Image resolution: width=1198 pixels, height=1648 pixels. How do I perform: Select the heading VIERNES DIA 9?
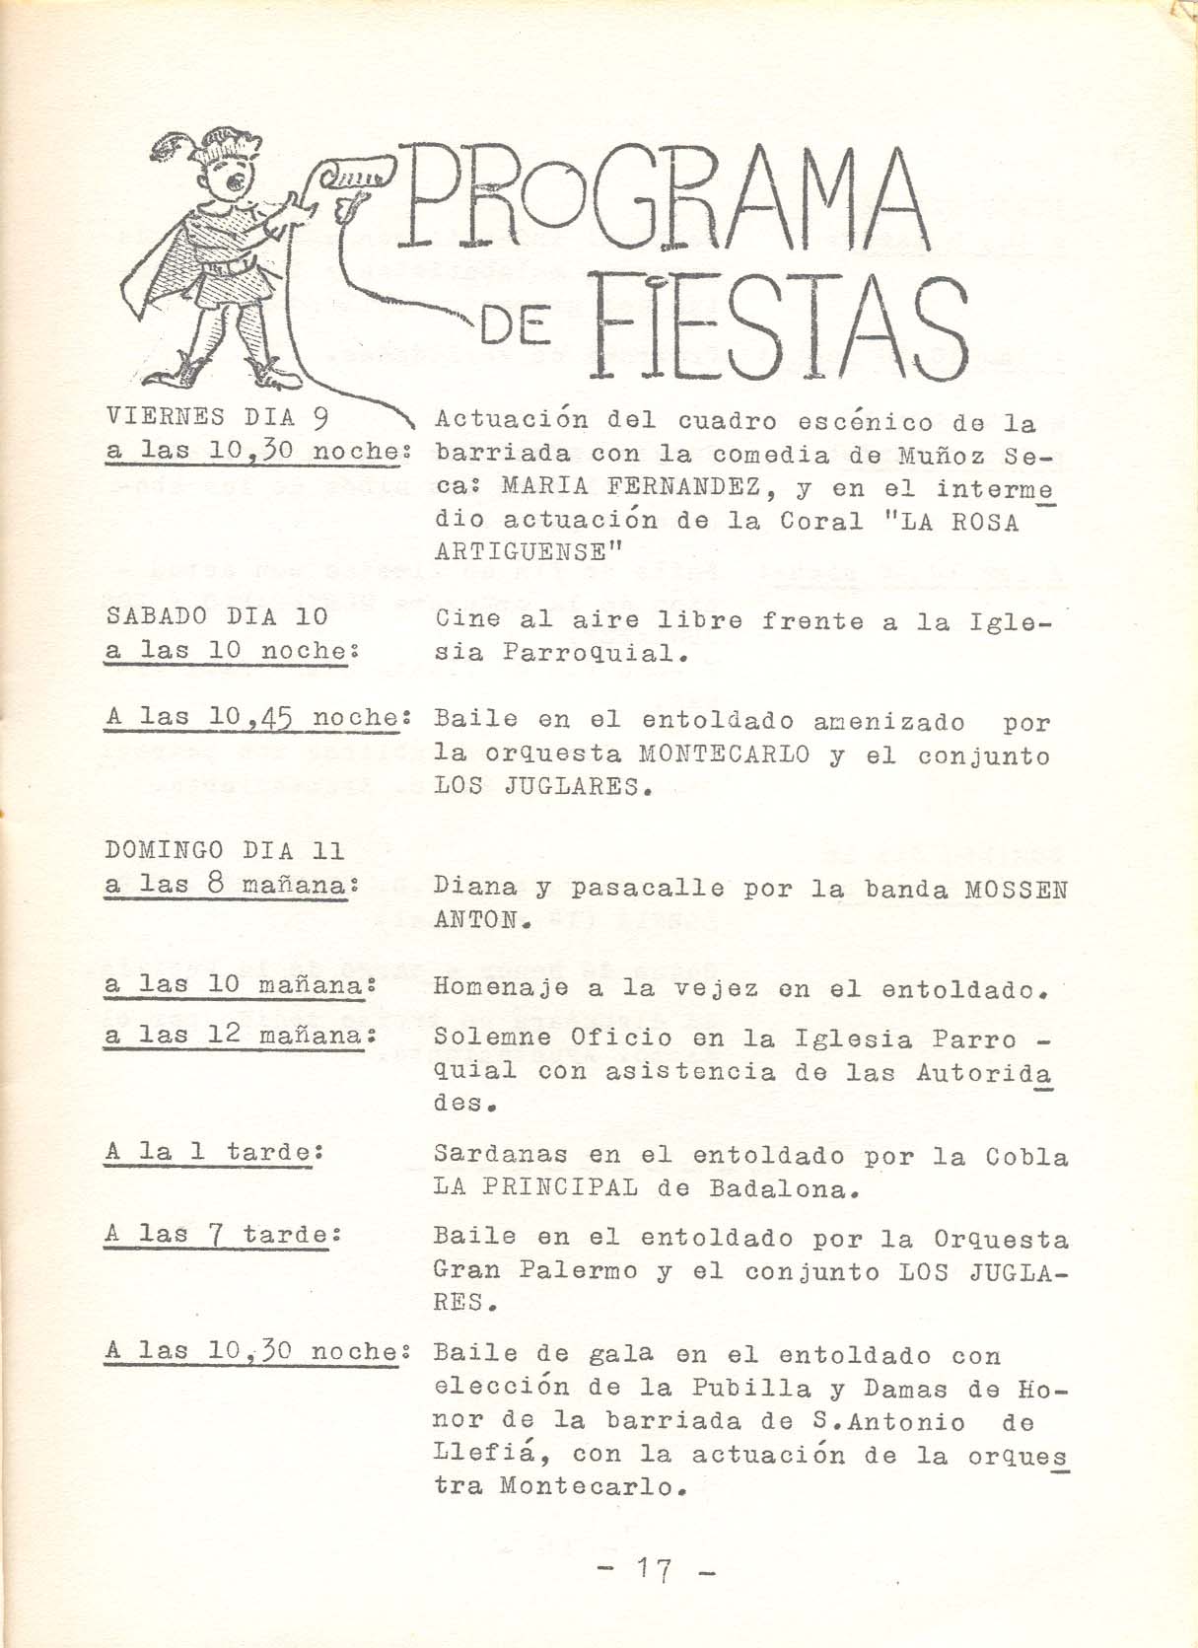click(217, 418)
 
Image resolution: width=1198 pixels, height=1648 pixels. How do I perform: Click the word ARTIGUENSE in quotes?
click(527, 555)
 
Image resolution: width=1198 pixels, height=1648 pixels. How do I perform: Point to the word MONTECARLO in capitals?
click(725, 755)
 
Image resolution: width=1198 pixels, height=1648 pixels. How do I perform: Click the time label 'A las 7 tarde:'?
click(216, 1234)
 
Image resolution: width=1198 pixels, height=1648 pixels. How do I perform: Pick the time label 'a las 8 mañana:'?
click(230, 886)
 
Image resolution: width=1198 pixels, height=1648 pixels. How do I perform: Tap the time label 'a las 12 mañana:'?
click(242, 1036)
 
